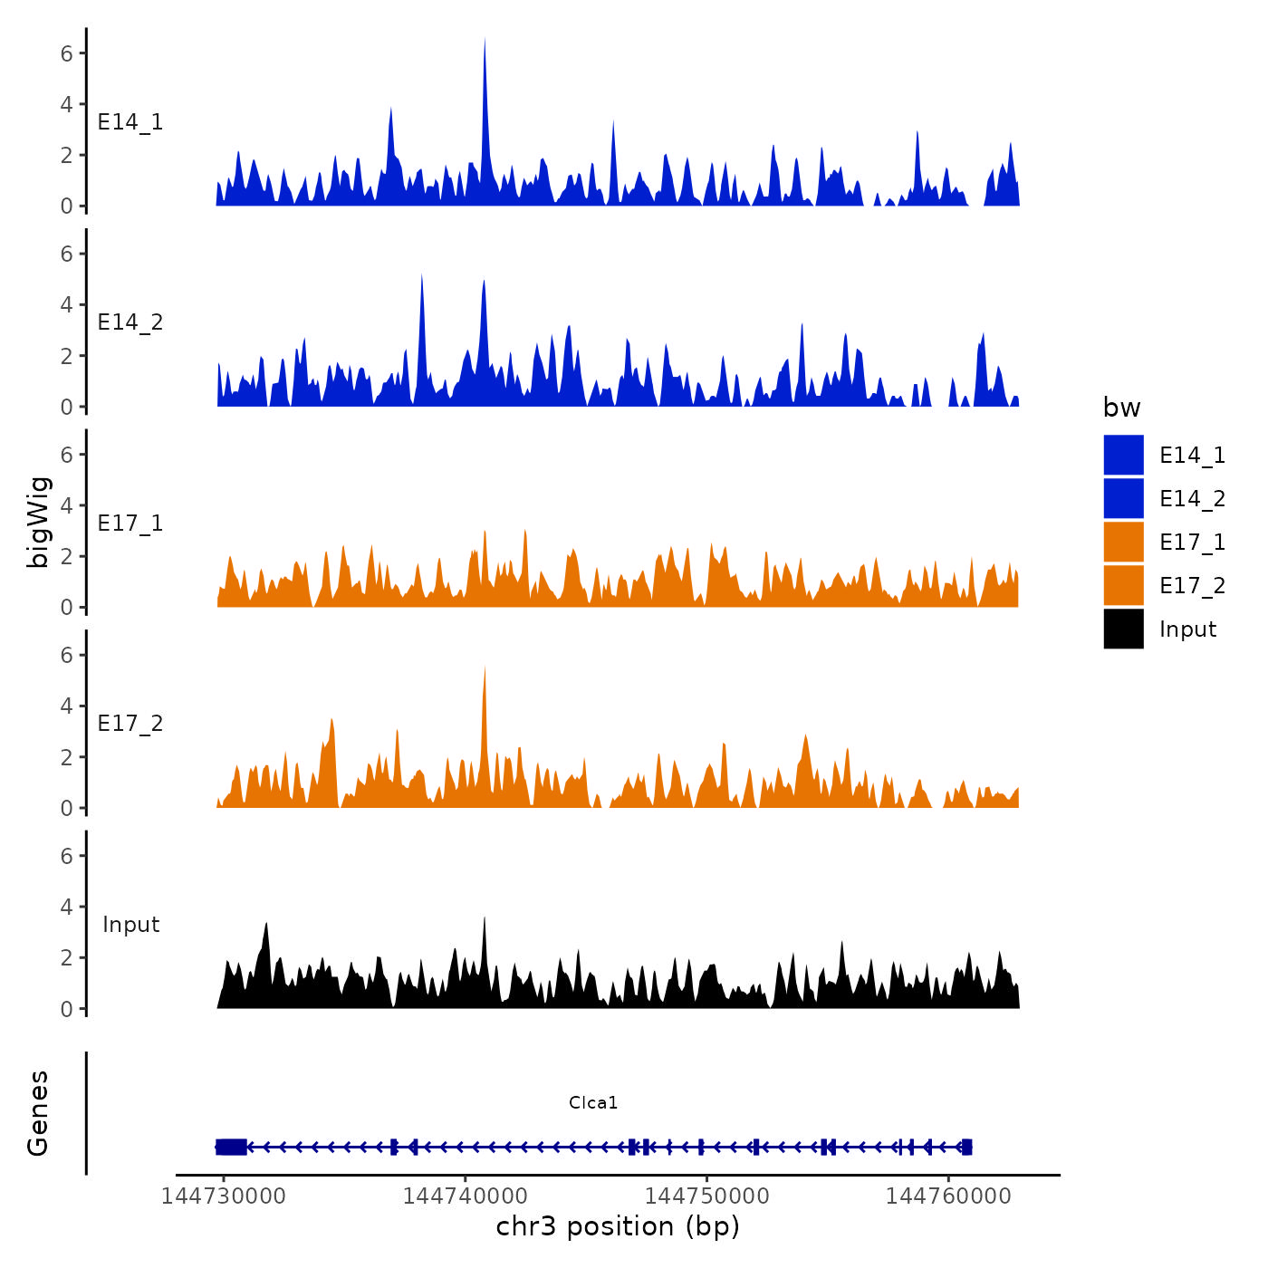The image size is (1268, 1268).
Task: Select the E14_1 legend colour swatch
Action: click(1123, 455)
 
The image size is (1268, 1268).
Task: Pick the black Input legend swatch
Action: click(1123, 629)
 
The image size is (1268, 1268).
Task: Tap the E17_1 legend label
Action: click(1192, 542)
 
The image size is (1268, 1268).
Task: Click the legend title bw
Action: click(1121, 408)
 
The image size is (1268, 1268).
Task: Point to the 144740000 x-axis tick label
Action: click(466, 1196)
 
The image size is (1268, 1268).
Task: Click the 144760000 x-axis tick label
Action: click(948, 1196)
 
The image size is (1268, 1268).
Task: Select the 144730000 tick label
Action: click(224, 1196)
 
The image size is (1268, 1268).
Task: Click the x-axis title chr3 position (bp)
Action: click(618, 1226)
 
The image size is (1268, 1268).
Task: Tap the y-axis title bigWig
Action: click(39, 522)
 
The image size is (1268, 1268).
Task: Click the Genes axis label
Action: click(38, 1113)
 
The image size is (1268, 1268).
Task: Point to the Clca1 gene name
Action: click(593, 1102)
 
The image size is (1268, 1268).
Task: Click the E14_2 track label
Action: click(130, 322)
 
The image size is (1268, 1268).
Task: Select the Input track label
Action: click(130, 924)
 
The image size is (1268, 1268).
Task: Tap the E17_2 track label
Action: click(130, 723)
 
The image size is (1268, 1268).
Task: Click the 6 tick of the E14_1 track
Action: click(67, 53)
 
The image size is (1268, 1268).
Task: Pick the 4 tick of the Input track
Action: click(67, 907)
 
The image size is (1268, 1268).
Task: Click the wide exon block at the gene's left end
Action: click(232, 1147)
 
